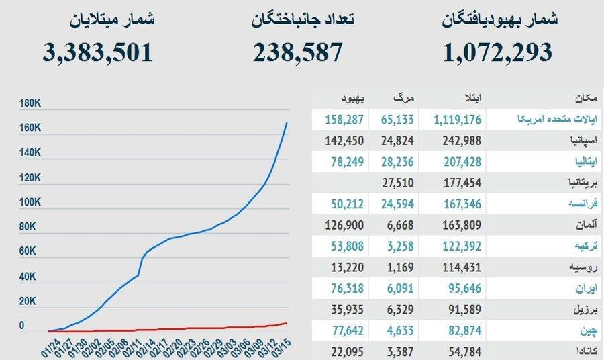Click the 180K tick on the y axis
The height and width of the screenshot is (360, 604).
(x=31, y=104)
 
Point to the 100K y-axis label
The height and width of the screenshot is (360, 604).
(x=31, y=202)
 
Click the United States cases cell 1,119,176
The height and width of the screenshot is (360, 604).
(x=457, y=120)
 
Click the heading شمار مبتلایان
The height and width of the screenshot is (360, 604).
(x=113, y=19)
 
